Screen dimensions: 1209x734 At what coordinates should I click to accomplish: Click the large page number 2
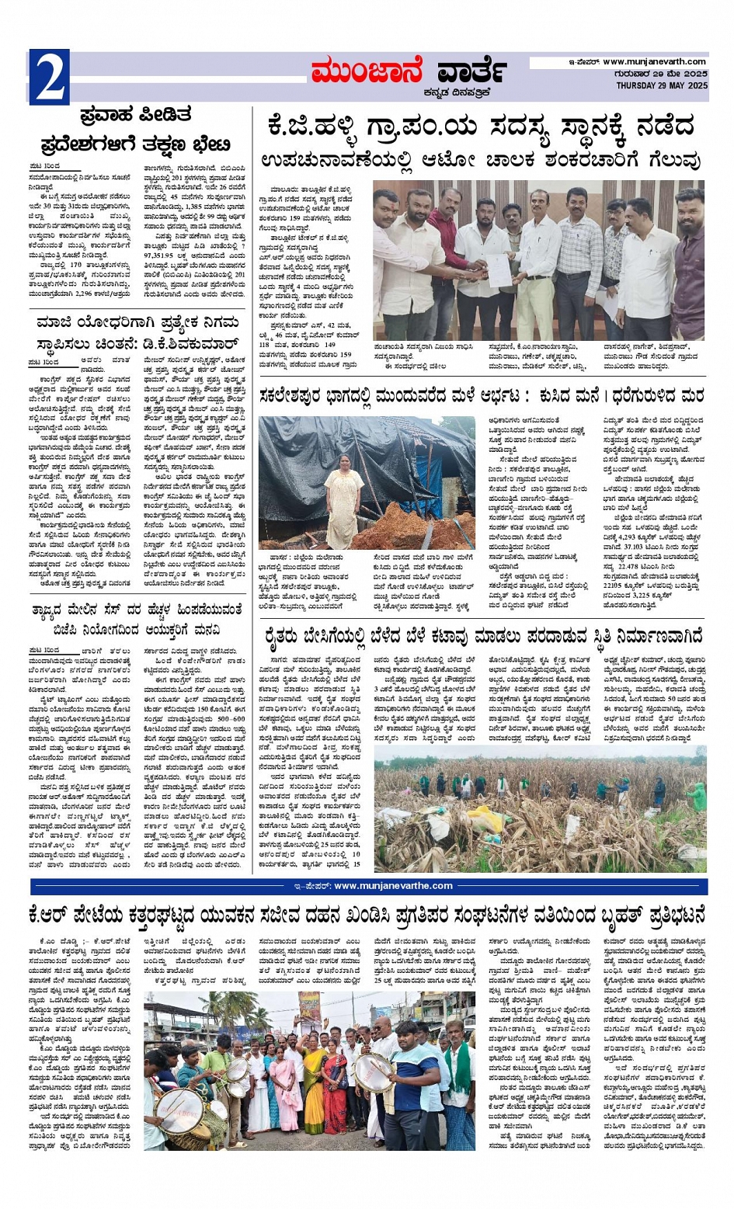pyautogui.click(x=48, y=77)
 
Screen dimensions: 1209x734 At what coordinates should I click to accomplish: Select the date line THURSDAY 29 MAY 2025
pyautogui.click(x=662, y=85)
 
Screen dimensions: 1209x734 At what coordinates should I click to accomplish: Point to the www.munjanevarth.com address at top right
pyautogui.click(x=654, y=61)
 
